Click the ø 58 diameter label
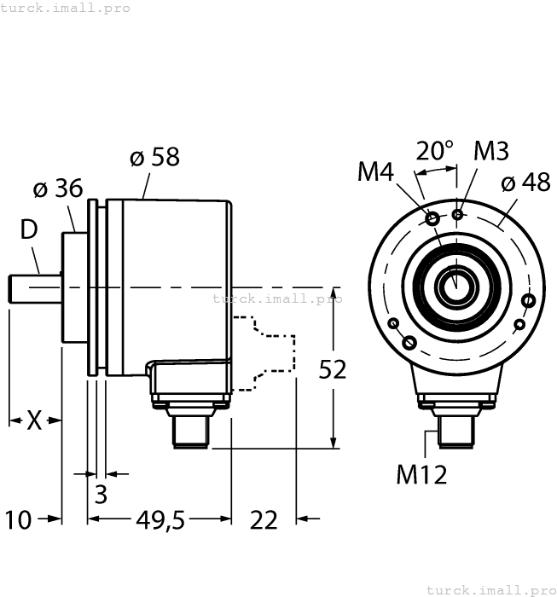(x=154, y=158)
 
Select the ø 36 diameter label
(x=57, y=188)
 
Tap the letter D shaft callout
(x=29, y=229)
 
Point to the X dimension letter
(x=34, y=420)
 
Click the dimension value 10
(x=18, y=519)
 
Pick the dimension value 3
(x=101, y=495)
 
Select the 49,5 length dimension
(x=160, y=519)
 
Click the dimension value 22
(x=264, y=519)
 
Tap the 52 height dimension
(x=333, y=369)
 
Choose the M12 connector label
(x=421, y=473)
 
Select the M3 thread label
(x=490, y=151)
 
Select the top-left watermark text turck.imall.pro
(x=66, y=8)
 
